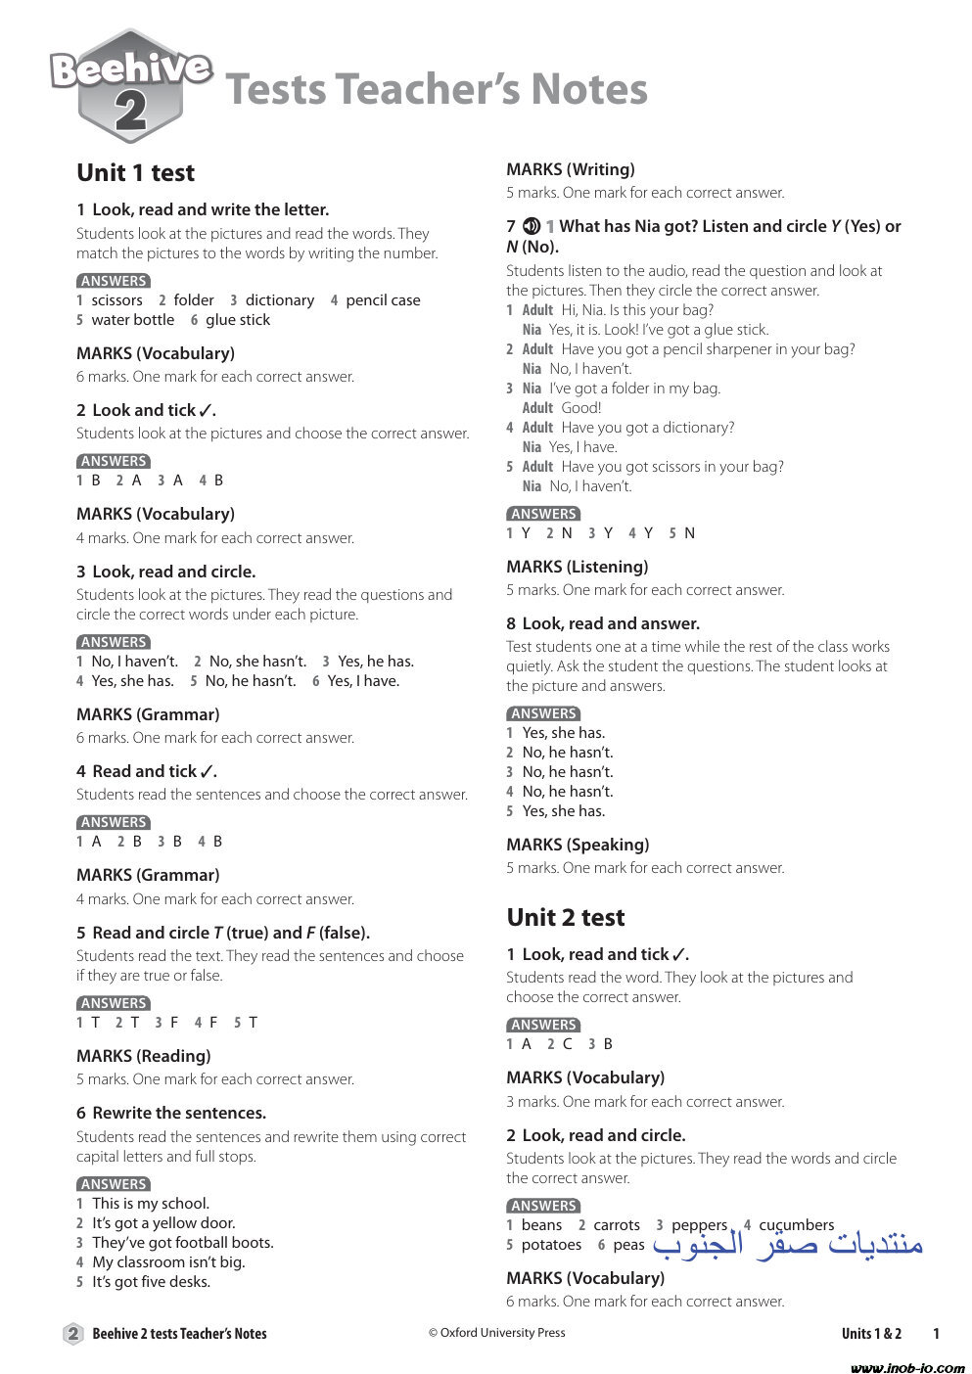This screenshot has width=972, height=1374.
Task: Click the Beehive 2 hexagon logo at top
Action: pos(130,86)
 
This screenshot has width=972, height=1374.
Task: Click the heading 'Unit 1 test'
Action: pos(135,173)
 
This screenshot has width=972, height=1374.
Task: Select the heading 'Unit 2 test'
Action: pos(565,918)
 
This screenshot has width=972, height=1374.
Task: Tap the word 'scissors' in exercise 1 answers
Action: pos(116,300)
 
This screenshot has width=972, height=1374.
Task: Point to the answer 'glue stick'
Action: pos(237,320)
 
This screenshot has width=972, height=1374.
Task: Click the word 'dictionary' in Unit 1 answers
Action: pos(279,300)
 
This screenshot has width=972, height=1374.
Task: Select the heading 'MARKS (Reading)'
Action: pos(143,1056)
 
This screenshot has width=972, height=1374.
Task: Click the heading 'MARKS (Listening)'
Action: pos(577,567)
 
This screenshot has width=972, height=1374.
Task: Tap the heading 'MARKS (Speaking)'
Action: pos(578,845)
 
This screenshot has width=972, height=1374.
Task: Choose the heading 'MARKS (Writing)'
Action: pos(570,169)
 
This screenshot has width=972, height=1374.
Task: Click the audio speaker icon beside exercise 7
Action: pos(532,226)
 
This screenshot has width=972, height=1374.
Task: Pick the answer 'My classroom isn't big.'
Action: pos(168,1262)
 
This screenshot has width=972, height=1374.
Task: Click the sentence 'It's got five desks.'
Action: pos(151,1282)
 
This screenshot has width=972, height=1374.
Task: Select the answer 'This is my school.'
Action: pos(150,1204)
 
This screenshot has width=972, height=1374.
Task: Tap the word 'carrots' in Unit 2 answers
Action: pos(616,1225)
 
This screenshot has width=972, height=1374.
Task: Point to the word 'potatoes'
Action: pos(551,1245)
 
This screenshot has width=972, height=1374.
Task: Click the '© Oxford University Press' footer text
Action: pos(496,1333)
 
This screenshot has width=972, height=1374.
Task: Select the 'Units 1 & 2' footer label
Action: pos(870,1334)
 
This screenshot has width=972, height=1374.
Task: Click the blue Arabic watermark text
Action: pos(788,1243)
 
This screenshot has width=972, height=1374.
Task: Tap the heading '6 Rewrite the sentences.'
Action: pos(171,1113)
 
